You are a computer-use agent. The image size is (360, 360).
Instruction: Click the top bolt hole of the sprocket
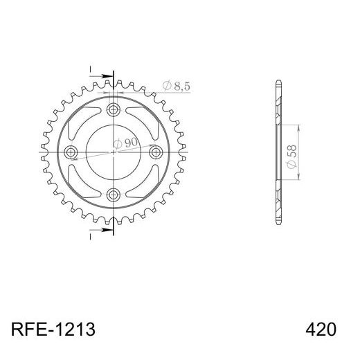point(114,109)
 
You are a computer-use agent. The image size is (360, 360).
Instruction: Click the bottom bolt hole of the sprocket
point(114,195)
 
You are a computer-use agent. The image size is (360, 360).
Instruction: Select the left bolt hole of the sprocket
point(71,152)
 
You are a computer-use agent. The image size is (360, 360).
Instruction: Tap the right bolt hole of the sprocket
point(157,152)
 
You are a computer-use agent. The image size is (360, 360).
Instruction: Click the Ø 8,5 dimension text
point(176,87)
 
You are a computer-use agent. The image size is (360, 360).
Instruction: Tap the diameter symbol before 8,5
point(167,87)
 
